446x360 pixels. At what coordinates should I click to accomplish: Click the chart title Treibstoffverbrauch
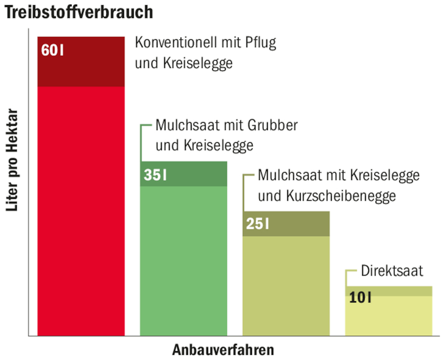coord(79,12)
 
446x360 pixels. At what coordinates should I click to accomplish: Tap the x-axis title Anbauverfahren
coord(222,349)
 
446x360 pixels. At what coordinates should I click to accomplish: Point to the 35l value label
coord(155,175)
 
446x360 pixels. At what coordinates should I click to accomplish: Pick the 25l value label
coord(257,224)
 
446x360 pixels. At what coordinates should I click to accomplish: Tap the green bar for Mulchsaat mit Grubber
coord(183,260)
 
